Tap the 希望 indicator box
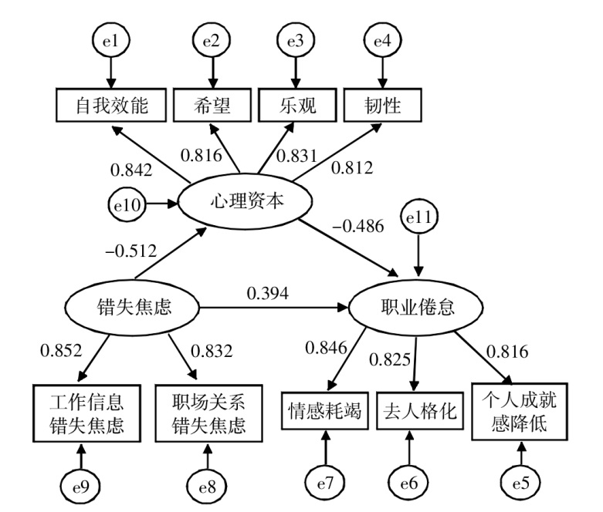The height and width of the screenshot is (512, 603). [212, 106]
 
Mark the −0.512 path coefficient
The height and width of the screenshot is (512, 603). [131, 250]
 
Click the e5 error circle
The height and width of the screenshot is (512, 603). [520, 483]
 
